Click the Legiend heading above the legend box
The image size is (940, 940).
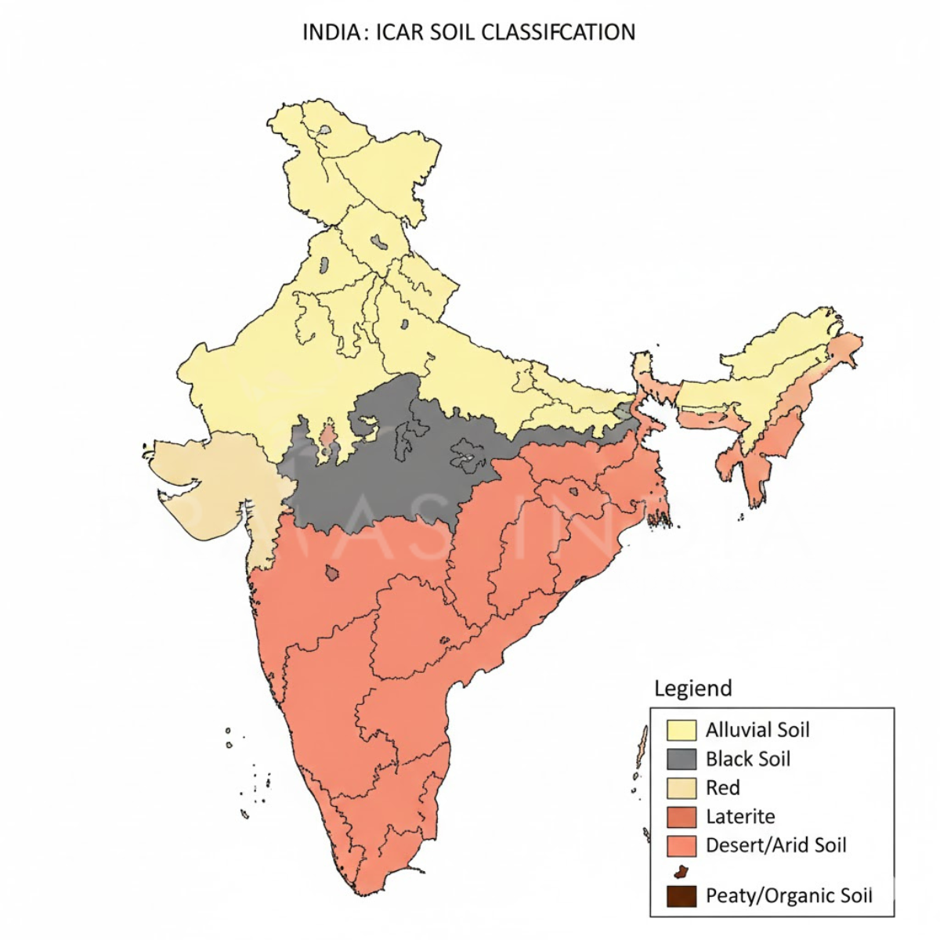click(x=693, y=689)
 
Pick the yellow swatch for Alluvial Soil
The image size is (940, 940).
click(x=681, y=730)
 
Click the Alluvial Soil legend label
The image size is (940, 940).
click(x=757, y=730)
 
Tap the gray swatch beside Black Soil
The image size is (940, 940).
click(x=681, y=759)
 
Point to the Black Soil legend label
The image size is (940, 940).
click(x=748, y=759)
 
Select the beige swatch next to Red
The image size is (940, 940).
click(x=681, y=788)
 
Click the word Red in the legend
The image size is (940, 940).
click(x=722, y=788)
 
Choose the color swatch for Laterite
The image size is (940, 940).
click(x=681, y=817)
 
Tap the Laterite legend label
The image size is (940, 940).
click(x=740, y=817)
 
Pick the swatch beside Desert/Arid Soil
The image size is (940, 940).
click(x=681, y=846)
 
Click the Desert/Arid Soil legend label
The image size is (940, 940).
click(x=776, y=846)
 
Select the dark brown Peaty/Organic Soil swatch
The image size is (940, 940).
click(x=681, y=896)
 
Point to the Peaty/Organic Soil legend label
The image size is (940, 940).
click(x=789, y=896)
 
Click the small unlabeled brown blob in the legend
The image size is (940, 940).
click(x=681, y=871)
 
